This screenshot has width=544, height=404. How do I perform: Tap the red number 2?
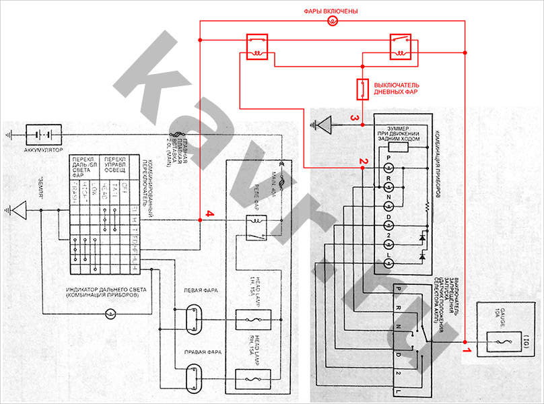(362, 162)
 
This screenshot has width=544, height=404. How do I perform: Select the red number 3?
(353, 119)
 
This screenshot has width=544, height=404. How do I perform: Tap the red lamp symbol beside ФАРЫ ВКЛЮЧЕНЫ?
(331, 22)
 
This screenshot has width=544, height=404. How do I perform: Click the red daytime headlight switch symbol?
(362, 89)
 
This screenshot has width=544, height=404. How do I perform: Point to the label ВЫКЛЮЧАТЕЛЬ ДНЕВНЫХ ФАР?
(397, 89)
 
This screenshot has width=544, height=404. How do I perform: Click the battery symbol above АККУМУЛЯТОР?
(44, 133)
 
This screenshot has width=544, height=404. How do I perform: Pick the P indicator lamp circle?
(388, 166)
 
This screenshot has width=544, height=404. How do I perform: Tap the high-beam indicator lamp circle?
(112, 314)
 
